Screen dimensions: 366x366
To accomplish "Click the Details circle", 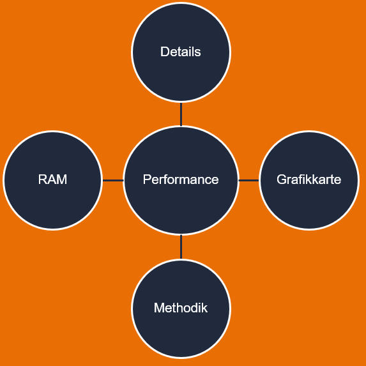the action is pyautogui.click(x=181, y=52).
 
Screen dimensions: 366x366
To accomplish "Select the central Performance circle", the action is pyautogui.click(x=181, y=180).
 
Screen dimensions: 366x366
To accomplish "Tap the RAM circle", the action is pyautogui.click(x=53, y=180).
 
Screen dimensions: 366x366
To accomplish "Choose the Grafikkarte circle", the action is pyautogui.click(x=309, y=180).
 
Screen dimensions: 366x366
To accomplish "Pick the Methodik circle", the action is pyautogui.click(x=181, y=309).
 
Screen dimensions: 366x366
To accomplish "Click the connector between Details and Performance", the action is pyautogui.click(x=181, y=114).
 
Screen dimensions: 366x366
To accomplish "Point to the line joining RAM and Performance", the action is pyautogui.click(x=113, y=180).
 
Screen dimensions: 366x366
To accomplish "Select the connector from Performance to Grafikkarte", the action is pyautogui.click(x=249, y=180).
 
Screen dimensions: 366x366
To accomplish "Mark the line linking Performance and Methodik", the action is pyautogui.click(x=181, y=247).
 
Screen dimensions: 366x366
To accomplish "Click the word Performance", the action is pyautogui.click(x=181, y=179).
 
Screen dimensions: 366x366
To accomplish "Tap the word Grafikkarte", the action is pyautogui.click(x=309, y=179).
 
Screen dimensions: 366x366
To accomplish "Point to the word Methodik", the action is pyautogui.click(x=181, y=308).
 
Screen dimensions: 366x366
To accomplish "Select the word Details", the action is pyautogui.click(x=181, y=52).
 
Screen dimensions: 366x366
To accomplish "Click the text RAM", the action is pyautogui.click(x=52, y=179).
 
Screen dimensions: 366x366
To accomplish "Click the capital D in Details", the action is pyautogui.click(x=165, y=52).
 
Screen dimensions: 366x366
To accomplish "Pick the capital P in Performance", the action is pyautogui.click(x=147, y=179).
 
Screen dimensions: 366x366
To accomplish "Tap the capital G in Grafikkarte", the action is pyautogui.click(x=282, y=179).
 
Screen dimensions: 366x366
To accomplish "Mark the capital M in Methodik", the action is pyautogui.click(x=159, y=308).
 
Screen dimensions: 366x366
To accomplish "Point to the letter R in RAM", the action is pyautogui.click(x=43, y=179).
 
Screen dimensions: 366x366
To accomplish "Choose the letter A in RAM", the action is pyautogui.click(x=52, y=179).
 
